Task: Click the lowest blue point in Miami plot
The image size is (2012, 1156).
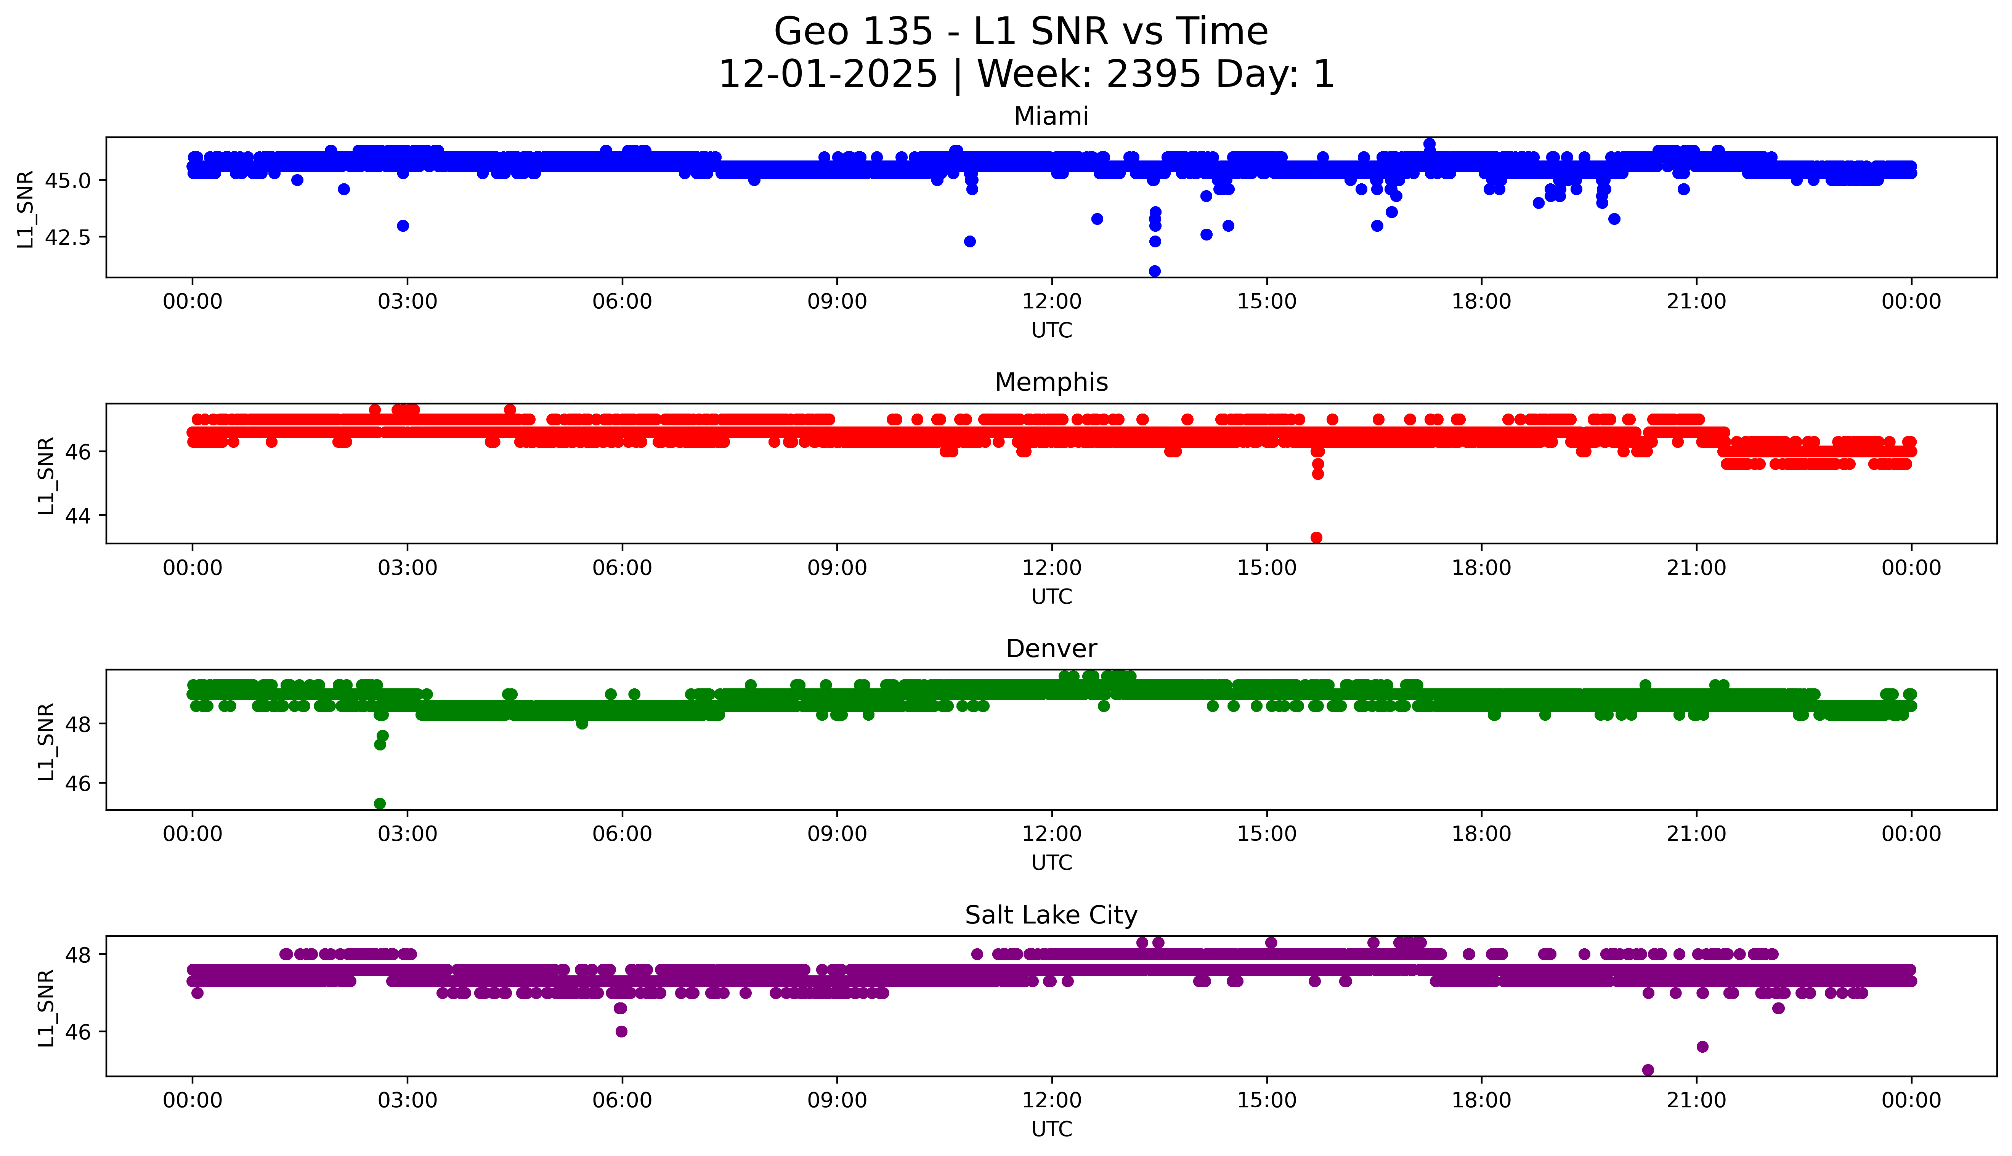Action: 1154,271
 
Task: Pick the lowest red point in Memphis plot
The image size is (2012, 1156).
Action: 1316,537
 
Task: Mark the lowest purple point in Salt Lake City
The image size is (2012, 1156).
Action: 1648,1070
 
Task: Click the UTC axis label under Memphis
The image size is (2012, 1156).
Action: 1051,596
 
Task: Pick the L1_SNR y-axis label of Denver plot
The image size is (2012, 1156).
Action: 46,741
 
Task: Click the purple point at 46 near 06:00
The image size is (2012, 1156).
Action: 621,1031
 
